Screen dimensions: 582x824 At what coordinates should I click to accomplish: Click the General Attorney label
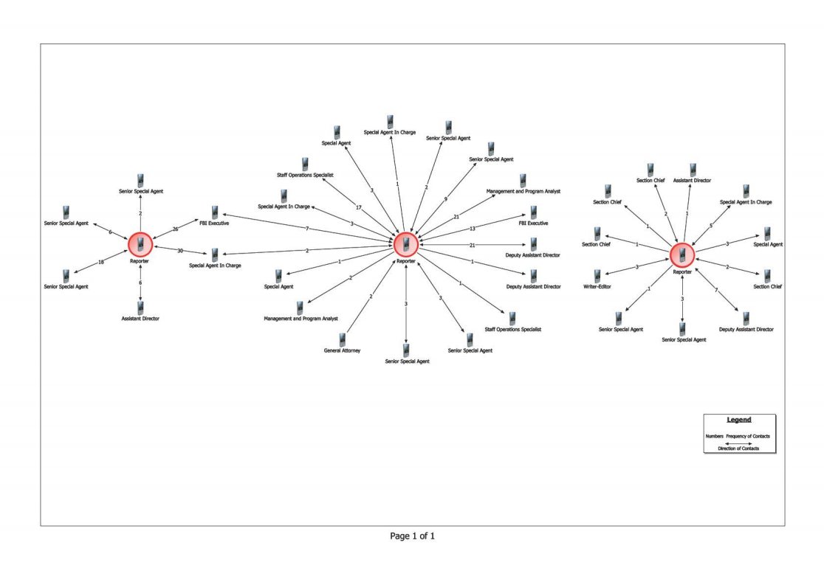pyautogui.click(x=343, y=350)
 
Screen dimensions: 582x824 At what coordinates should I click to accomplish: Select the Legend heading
pyautogui.click(x=739, y=420)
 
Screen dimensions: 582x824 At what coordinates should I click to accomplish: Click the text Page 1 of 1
pyautogui.click(x=412, y=536)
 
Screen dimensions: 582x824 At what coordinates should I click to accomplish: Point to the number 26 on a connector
pyautogui.click(x=176, y=229)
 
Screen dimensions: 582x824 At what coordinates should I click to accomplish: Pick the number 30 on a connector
pyautogui.click(x=180, y=251)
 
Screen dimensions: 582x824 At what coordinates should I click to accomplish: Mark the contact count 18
pyautogui.click(x=101, y=263)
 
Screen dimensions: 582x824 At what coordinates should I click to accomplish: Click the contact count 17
pyautogui.click(x=358, y=207)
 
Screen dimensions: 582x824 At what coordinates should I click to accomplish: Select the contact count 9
pyautogui.click(x=445, y=199)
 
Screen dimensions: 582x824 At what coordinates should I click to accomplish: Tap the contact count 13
pyautogui.click(x=473, y=229)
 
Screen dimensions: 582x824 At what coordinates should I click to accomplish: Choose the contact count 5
pyautogui.click(x=710, y=226)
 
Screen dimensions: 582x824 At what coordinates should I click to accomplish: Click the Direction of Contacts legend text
pyautogui.click(x=738, y=448)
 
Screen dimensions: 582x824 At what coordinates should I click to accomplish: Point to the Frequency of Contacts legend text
pyautogui.click(x=749, y=437)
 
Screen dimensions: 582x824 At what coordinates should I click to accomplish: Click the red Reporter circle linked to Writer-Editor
pyautogui.click(x=682, y=255)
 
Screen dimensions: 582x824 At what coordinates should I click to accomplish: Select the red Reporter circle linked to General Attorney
pyautogui.click(x=405, y=244)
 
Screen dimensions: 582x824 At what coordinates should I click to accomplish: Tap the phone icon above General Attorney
pyautogui.click(x=343, y=339)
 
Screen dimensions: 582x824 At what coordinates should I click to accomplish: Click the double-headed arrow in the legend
pyautogui.click(x=738, y=443)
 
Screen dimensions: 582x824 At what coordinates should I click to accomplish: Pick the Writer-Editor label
pyautogui.click(x=597, y=287)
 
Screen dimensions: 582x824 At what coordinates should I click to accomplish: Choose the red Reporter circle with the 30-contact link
pyautogui.click(x=140, y=244)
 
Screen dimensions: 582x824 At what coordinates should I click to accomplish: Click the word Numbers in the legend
pyautogui.click(x=714, y=437)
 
